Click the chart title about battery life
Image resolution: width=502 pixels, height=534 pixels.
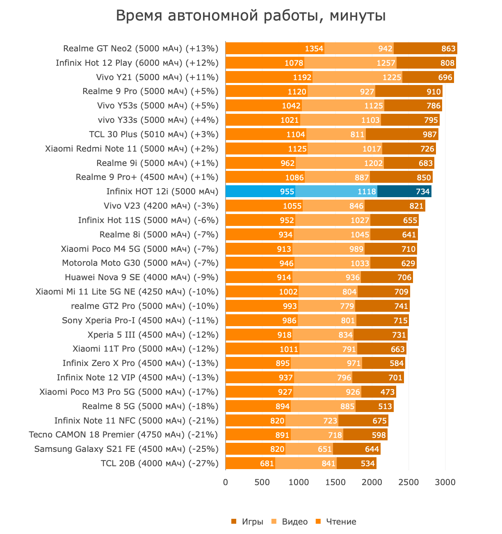click(x=251, y=16)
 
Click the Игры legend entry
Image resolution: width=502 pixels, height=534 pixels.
click(x=247, y=522)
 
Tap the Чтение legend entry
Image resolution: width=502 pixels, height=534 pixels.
click(x=336, y=522)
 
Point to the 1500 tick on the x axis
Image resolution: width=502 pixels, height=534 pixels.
click(x=335, y=482)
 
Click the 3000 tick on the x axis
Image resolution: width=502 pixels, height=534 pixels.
click(x=445, y=482)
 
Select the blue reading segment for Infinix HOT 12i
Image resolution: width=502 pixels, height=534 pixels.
click(x=260, y=191)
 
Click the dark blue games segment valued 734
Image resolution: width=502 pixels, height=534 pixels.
click(x=404, y=191)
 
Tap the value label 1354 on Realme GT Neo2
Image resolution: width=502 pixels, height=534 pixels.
click(x=314, y=48)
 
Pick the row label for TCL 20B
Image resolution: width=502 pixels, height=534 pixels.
click(x=160, y=463)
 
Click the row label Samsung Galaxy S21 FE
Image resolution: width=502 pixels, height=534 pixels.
click(x=126, y=449)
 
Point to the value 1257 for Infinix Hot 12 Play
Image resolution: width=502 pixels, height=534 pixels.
click(x=386, y=63)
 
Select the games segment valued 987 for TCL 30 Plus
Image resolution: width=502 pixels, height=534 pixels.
click(x=402, y=134)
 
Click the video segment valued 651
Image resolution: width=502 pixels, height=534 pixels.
click(x=309, y=449)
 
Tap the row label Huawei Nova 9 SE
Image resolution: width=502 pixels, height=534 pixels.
click(x=141, y=277)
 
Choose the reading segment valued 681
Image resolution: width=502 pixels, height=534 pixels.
click(x=250, y=463)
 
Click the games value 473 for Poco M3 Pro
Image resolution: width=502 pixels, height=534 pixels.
click(x=387, y=392)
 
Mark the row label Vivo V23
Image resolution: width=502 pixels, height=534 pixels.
click(x=161, y=206)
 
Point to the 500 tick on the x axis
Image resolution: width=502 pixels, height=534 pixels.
click(x=262, y=482)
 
